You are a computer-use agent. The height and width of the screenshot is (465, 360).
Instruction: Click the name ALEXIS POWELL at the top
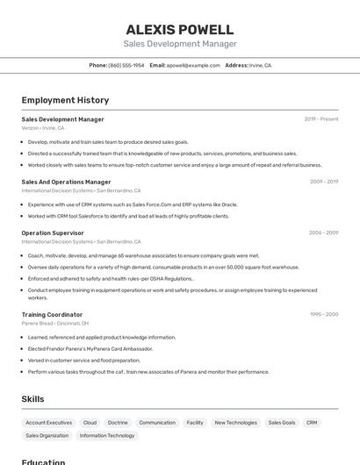(180, 29)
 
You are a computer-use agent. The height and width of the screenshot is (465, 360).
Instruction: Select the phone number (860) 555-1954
(126, 65)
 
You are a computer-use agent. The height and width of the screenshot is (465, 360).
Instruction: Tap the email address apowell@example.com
(193, 65)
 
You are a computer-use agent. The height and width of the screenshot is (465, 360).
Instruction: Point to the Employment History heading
(65, 100)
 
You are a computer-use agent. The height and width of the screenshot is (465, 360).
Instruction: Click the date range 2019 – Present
(321, 119)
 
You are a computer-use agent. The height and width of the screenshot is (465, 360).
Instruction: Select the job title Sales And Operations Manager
(66, 182)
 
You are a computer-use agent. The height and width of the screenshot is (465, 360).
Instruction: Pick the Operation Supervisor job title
(53, 232)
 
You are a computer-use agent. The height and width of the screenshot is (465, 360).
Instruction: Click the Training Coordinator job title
(52, 314)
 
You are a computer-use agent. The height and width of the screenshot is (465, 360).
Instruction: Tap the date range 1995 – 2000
(324, 314)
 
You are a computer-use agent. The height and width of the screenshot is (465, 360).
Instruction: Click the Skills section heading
(32, 399)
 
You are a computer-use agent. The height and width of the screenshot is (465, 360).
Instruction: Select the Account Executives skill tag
(49, 422)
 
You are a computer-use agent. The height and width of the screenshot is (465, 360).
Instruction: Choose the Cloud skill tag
(90, 422)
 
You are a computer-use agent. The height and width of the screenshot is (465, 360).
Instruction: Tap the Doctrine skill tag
(118, 422)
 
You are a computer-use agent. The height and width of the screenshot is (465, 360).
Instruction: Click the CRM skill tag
(312, 422)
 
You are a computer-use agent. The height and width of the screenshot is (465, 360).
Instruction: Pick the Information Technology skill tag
(107, 435)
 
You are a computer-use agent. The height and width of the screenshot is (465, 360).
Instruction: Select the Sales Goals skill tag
(282, 422)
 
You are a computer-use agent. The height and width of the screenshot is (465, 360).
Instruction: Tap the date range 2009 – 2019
(324, 182)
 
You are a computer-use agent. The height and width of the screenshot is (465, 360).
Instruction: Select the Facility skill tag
(195, 422)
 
